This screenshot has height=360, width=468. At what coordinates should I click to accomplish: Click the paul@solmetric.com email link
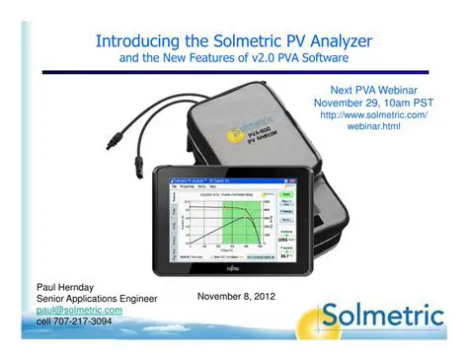click(x=79, y=310)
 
